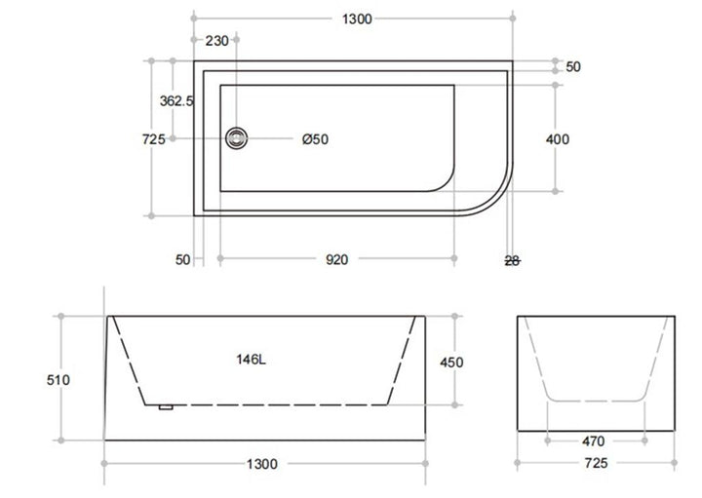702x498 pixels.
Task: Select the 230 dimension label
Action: coord(216,41)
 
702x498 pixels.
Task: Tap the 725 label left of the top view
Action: coord(153,139)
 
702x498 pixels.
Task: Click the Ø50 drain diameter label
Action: coord(315,139)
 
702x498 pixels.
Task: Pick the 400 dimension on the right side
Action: coord(558,139)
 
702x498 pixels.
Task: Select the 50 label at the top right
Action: coord(573,67)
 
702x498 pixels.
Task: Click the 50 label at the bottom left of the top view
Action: coord(183,259)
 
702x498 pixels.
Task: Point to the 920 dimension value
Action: coord(336,259)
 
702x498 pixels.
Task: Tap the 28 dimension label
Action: coord(513,259)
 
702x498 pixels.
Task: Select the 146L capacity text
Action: coord(251,360)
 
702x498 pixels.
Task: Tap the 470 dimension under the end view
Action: coord(594,441)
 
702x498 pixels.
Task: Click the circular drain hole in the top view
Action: coord(236,138)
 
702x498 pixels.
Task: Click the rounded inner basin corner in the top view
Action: coord(443,180)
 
